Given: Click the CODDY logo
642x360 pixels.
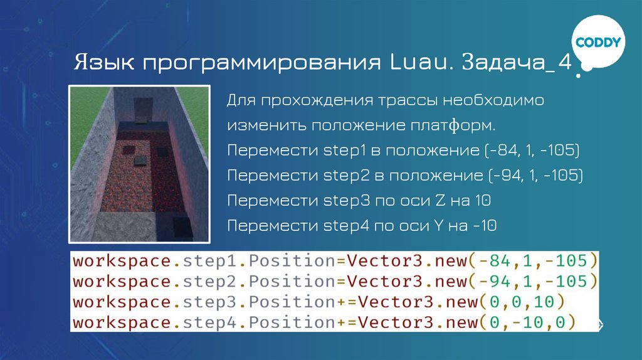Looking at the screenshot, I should point(598,43).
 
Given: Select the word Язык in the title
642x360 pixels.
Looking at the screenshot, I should point(103,64).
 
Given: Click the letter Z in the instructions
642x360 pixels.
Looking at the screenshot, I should point(440,201).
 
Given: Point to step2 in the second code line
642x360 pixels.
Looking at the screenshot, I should point(206,281).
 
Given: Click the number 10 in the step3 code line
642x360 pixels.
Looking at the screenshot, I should point(545,302).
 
